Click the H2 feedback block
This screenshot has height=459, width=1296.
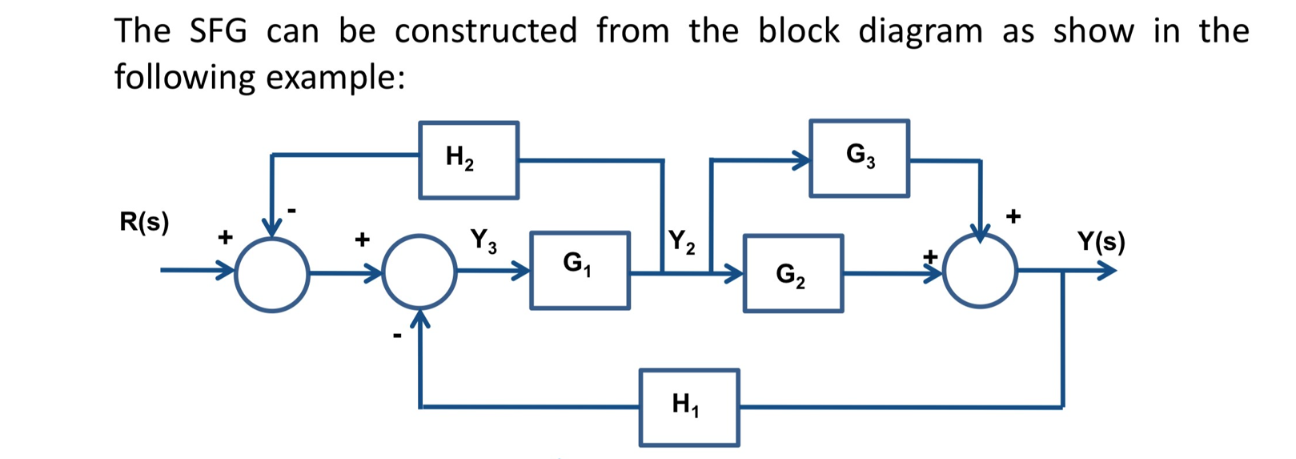[x=469, y=160]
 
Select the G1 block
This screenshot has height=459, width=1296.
[x=580, y=271]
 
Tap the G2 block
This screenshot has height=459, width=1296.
[x=792, y=273]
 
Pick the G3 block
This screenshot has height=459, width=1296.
[x=859, y=158]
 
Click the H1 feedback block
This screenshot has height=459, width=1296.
[x=688, y=407]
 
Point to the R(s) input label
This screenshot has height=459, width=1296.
[x=144, y=222]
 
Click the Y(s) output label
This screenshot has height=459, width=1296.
[x=1101, y=241]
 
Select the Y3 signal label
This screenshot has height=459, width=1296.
[x=483, y=240]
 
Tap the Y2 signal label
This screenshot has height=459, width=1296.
[x=681, y=241]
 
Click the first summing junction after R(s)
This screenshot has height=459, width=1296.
[x=272, y=273]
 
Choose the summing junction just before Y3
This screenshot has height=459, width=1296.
[x=420, y=273]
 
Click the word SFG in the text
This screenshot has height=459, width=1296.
[x=218, y=31]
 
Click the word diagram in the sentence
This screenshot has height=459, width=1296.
[x=920, y=31]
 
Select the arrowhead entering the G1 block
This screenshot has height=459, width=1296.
[x=522, y=272]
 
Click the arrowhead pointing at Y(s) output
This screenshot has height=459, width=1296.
[x=1107, y=272]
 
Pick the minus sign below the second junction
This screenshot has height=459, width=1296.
[x=396, y=336]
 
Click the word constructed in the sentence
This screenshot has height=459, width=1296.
[x=485, y=31]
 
